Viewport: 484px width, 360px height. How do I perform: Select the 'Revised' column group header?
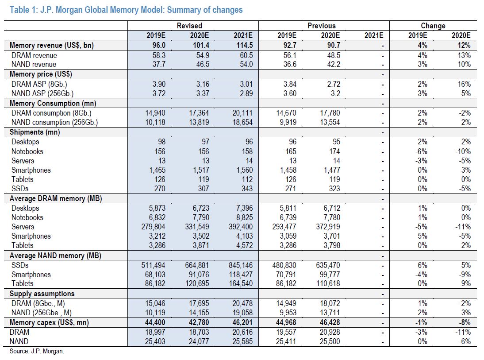pos(189,26)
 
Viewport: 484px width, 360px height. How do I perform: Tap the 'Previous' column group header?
pos(321,26)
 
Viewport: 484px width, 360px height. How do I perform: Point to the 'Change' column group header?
pos(433,26)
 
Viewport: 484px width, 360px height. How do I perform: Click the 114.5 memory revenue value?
pos(245,45)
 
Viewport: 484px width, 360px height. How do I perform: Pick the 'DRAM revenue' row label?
pos(34,55)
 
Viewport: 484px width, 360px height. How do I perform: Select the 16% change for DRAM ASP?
pos(464,84)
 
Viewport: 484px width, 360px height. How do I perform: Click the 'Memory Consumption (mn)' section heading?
pos(53,103)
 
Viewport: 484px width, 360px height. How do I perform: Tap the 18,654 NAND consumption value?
pos(242,122)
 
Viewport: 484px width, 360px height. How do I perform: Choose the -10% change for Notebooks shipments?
pos(463,151)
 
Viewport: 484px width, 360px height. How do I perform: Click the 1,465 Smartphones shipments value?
pos(157,170)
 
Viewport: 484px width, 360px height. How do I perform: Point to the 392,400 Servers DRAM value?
pos(241,227)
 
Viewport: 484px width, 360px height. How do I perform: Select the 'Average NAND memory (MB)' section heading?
pos(55,255)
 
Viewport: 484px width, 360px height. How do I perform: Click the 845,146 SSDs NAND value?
pos(241,265)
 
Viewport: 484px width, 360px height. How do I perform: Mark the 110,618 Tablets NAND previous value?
pos(328,283)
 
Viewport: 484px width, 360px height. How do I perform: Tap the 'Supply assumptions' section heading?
pos(42,294)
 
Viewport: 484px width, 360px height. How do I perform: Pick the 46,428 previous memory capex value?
pos(330,322)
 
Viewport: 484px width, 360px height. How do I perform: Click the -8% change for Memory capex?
pos(464,322)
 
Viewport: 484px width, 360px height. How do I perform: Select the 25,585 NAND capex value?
pos(242,341)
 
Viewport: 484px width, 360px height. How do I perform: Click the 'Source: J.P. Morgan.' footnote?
pos(37,351)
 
